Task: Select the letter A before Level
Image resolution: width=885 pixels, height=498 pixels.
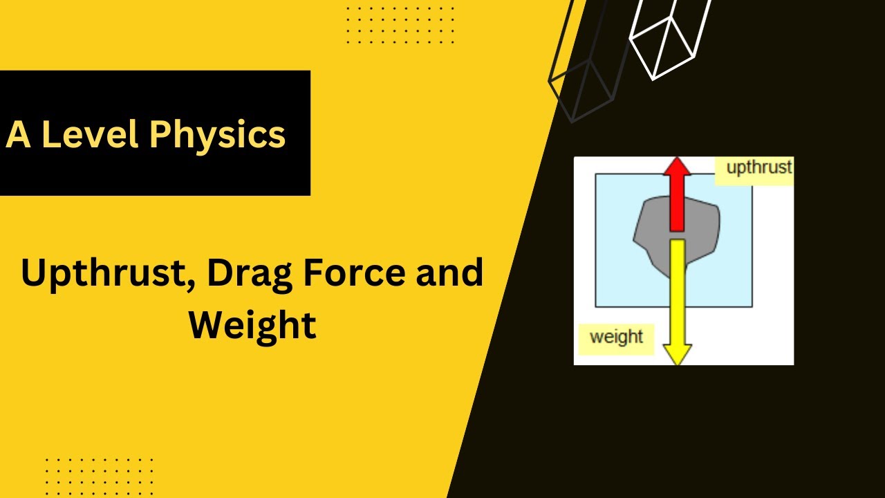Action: point(18,135)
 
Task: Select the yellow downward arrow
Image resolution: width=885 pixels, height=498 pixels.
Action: point(678,297)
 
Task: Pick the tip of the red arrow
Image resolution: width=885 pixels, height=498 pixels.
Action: point(677,158)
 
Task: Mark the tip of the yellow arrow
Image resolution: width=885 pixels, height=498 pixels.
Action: point(678,362)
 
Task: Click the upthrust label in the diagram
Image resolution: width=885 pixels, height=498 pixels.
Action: point(758,168)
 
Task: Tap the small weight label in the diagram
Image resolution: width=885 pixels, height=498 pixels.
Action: point(616,338)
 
